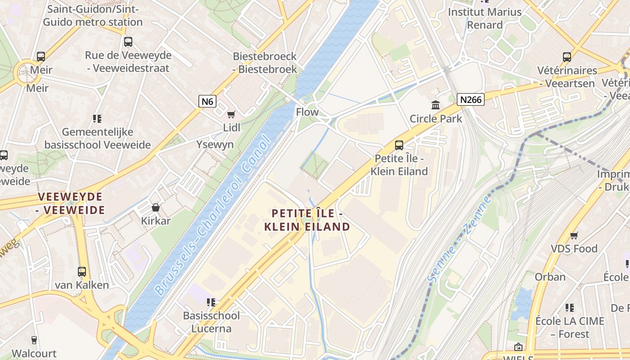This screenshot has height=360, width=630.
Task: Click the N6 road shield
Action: (207, 101)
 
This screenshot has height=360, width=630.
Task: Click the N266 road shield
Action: (471, 99)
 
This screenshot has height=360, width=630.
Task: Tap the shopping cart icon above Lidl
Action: (231, 115)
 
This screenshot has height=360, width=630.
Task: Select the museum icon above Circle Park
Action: (436, 105)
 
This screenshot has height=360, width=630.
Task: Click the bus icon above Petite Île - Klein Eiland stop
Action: (399, 145)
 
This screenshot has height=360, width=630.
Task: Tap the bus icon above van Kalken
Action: (81, 272)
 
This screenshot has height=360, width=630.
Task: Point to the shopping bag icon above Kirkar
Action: (156, 207)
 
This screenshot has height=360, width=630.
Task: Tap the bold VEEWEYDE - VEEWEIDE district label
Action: (71, 203)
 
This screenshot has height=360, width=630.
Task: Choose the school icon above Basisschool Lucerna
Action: (211, 302)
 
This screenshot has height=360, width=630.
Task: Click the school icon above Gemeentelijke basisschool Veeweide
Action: (97, 119)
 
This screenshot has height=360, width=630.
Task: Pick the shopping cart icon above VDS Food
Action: (574, 235)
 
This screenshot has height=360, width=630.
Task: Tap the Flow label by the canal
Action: (307, 112)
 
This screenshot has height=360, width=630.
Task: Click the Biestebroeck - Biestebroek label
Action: (265, 63)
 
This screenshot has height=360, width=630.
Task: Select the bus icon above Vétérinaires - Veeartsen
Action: (567, 57)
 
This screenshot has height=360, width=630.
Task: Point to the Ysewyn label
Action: (215, 144)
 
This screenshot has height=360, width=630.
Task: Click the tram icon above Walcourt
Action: (34, 340)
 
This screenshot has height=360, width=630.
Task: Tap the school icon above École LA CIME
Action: (570, 308)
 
